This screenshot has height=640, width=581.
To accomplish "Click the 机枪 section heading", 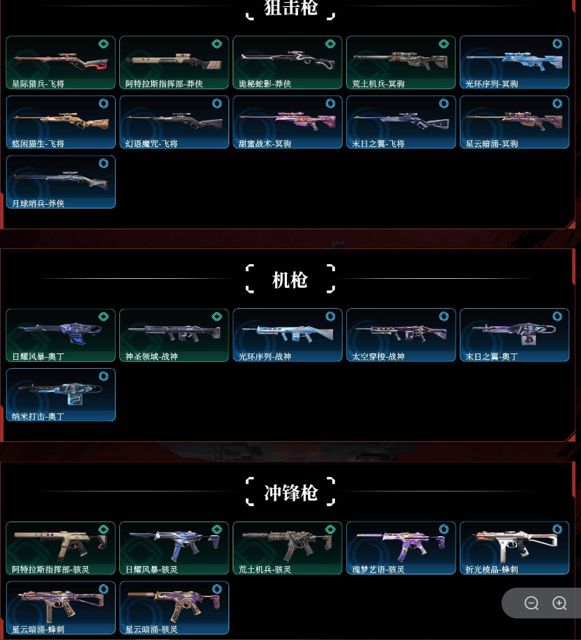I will click(x=290, y=280).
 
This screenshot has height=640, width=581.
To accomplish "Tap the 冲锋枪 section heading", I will click(x=290, y=493).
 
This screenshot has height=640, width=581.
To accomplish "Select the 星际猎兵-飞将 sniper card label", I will click(x=38, y=84).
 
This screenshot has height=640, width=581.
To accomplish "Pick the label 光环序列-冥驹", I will click(x=492, y=84).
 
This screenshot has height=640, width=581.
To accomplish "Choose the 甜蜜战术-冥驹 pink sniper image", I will click(x=286, y=119).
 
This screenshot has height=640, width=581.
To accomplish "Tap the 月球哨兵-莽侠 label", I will click(x=38, y=204).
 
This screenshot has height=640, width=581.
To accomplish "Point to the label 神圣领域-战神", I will click(x=152, y=357).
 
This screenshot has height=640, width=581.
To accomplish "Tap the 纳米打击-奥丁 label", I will click(x=38, y=417).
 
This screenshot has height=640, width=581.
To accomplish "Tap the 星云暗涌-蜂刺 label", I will click(x=38, y=630).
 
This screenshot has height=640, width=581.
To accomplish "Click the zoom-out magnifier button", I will click(x=532, y=603).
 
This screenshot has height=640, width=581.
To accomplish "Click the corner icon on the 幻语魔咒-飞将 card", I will click(x=217, y=103).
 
